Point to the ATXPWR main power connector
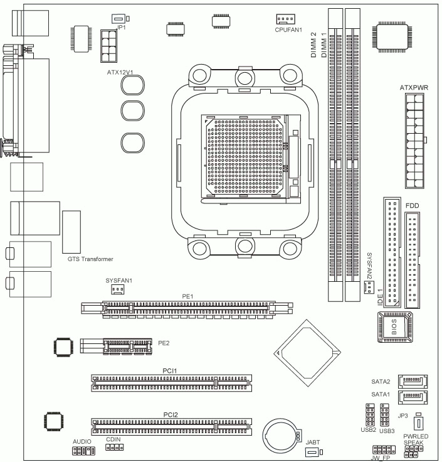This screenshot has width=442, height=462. pos(415,141)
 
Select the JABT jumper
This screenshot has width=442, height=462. pos(313,453)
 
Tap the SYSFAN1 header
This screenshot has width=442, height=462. pos(117,289)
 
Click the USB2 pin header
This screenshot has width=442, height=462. pos(369,415)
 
